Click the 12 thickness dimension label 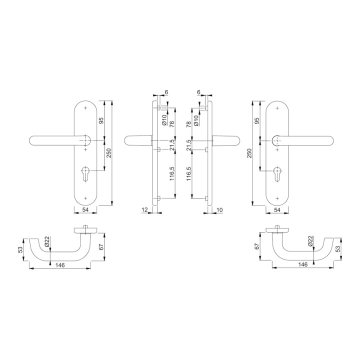pyautogui.click(x=144, y=209)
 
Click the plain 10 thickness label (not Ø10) pyautogui.click(x=219, y=209)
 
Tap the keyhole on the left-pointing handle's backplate pyautogui.click(x=85, y=174)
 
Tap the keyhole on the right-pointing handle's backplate pyautogui.click(x=277, y=174)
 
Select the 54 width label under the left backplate pyautogui.click(x=85, y=210)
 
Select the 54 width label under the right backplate pyautogui.click(x=277, y=210)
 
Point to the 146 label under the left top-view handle pyautogui.click(x=60, y=265)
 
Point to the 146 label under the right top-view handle pyautogui.click(x=303, y=264)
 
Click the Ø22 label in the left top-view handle pyautogui.click(x=47, y=241)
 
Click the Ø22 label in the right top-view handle pyautogui.click(x=310, y=241)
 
